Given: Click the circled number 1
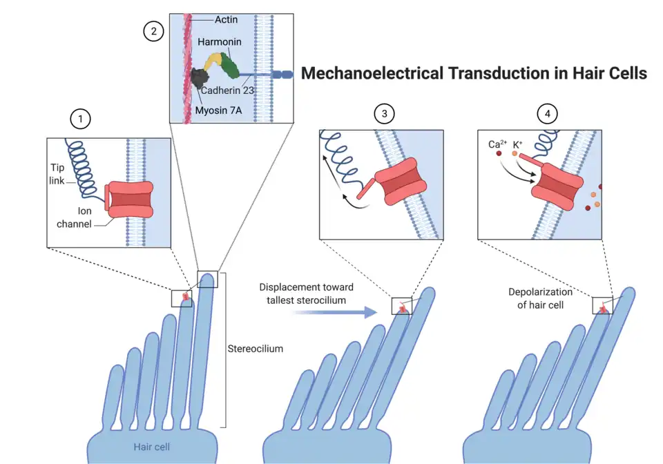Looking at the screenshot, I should coord(81,120).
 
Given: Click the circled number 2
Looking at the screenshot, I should coord(153,30).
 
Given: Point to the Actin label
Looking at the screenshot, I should coord(226,20).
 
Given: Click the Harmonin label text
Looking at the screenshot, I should coord(220,43).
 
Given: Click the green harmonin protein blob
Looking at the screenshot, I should coord(232,66).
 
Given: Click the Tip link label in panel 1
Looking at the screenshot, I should coord(59,173).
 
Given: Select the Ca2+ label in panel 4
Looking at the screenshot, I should coord(494,144).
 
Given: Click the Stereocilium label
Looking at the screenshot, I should coord(255,349).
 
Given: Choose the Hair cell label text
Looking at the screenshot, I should coord(153,447).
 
